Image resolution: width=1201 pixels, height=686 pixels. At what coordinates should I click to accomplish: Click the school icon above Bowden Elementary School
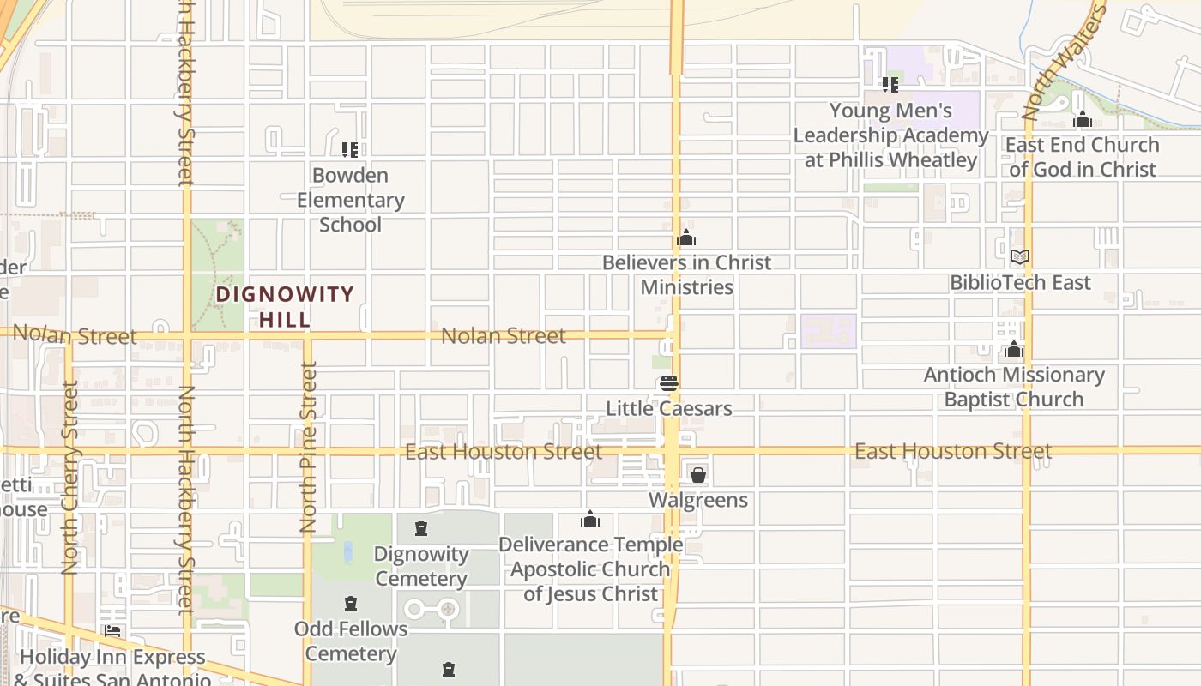(x=349, y=150)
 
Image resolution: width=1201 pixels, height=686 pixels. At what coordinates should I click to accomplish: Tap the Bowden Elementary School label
(x=350, y=200)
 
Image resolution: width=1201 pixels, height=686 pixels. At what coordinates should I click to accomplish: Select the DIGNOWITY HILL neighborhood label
(x=285, y=307)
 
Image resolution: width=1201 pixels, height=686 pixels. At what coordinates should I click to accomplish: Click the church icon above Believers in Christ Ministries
(x=686, y=238)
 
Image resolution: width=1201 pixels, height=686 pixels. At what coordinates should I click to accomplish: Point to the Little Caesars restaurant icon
(x=669, y=383)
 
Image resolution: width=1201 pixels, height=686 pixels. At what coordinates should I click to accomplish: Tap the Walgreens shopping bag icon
(x=698, y=475)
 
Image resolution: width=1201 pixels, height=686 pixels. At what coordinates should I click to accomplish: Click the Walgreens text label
(x=698, y=500)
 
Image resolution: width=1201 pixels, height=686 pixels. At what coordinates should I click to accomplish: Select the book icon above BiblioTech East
(x=1020, y=256)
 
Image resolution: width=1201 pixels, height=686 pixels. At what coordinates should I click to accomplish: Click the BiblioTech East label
(x=1020, y=282)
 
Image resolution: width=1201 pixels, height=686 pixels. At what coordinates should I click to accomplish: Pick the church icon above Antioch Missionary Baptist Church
(x=1014, y=349)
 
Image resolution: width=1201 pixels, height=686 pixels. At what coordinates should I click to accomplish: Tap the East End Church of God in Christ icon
(x=1083, y=119)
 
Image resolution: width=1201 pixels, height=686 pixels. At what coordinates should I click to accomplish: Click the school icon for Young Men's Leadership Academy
(x=890, y=85)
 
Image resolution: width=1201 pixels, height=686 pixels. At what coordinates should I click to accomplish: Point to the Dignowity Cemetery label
(x=421, y=566)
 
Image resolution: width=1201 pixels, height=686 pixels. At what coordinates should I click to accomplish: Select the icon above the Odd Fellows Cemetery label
(x=350, y=604)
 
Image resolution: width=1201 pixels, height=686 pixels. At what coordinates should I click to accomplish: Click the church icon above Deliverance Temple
(x=590, y=519)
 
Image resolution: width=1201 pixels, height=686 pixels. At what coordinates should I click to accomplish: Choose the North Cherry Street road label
(x=70, y=477)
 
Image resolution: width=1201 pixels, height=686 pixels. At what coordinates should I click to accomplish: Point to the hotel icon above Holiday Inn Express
(x=112, y=632)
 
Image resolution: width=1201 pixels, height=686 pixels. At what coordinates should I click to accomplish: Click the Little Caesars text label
(x=669, y=408)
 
